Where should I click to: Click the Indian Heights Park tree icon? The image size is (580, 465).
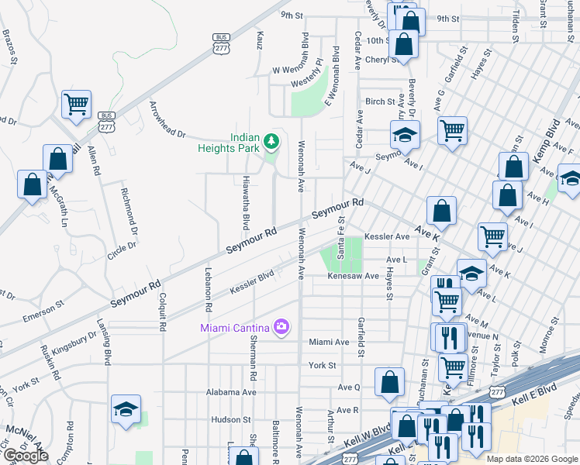click(271, 141)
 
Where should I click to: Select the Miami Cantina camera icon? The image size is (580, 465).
click(281, 326)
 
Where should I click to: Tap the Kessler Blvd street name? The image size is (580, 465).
click(253, 283)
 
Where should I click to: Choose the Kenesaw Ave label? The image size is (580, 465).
click(353, 276)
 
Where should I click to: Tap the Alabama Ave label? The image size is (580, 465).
click(231, 392)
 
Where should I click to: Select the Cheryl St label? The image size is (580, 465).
click(381, 60)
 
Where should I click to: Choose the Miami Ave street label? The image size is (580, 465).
click(329, 342)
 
